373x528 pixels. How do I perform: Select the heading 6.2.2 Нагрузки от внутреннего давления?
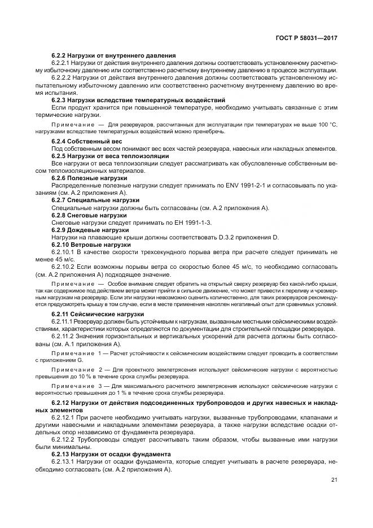coord(105,55)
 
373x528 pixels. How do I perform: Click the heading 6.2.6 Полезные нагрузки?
coord(89,178)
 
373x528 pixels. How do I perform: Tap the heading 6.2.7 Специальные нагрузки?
coord(95,200)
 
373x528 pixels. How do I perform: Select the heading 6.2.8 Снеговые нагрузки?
coord(89,215)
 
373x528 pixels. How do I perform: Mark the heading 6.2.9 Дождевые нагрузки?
coord(90,230)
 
